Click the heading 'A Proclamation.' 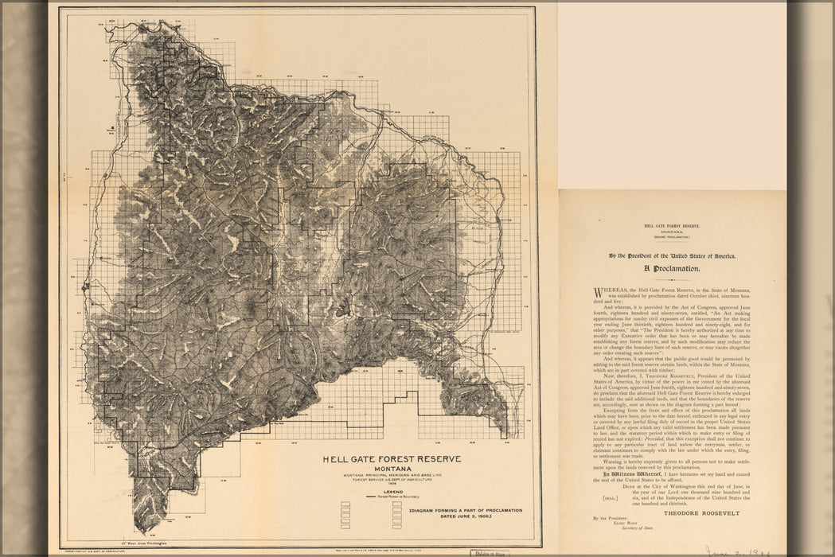pos(672,269)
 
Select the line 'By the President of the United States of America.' pos(672,255)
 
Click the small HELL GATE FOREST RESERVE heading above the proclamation pos(672,227)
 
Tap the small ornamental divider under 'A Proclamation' pos(672,279)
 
